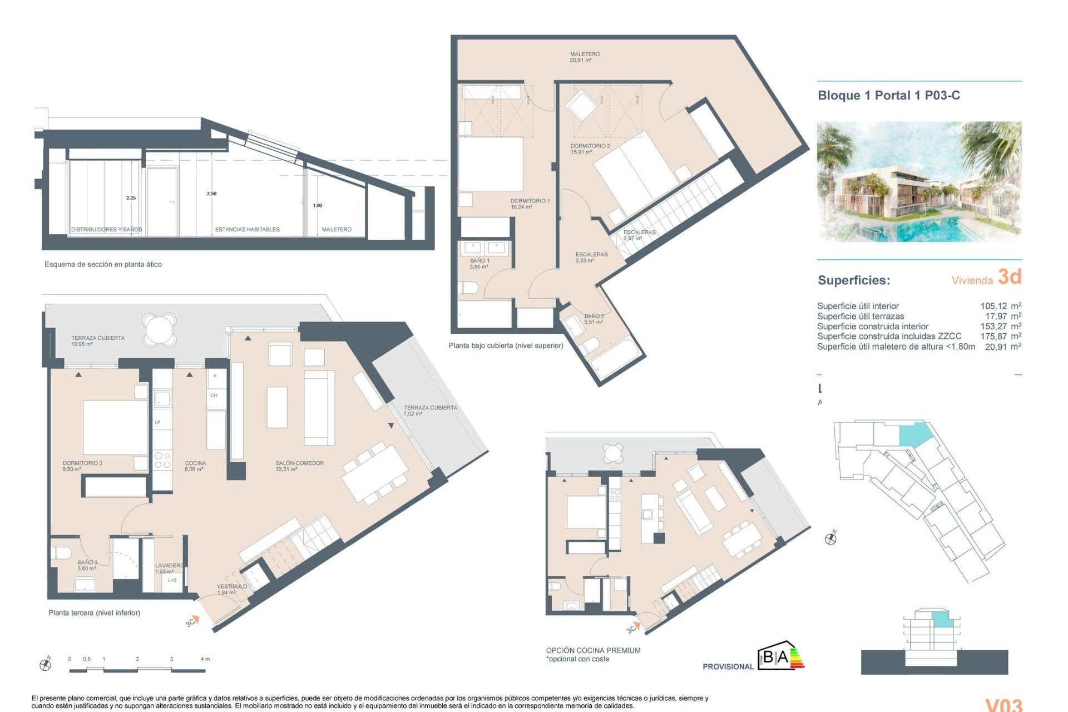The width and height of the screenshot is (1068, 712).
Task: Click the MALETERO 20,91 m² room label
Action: click(585, 57)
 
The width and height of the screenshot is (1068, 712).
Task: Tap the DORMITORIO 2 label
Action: click(590, 149)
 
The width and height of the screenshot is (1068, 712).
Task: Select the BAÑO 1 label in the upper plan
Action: click(479, 263)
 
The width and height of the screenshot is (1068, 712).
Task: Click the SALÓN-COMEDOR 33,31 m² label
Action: click(299, 466)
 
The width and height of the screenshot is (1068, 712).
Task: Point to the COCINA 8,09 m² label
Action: click(195, 466)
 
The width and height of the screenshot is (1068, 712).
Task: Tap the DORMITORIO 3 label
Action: click(82, 466)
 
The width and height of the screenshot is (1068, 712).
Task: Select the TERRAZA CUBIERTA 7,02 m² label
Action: click(430, 411)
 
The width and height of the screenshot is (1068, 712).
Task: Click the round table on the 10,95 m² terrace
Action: click(159, 329)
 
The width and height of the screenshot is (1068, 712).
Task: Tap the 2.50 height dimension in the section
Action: click(211, 194)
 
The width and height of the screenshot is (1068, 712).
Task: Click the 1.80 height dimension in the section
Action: click(317, 205)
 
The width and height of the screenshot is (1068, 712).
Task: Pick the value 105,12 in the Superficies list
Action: click(993, 306)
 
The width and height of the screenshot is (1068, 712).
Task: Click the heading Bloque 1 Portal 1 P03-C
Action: click(888, 95)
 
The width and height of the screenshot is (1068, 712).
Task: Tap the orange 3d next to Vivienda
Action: click(1010, 276)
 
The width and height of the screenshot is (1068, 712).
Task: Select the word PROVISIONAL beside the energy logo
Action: click(728, 666)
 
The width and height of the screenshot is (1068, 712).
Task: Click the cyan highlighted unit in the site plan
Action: click(912, 433)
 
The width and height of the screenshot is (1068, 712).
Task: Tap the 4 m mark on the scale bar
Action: click(205, 659)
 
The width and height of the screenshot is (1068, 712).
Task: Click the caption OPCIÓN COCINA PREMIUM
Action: click(593, 650)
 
